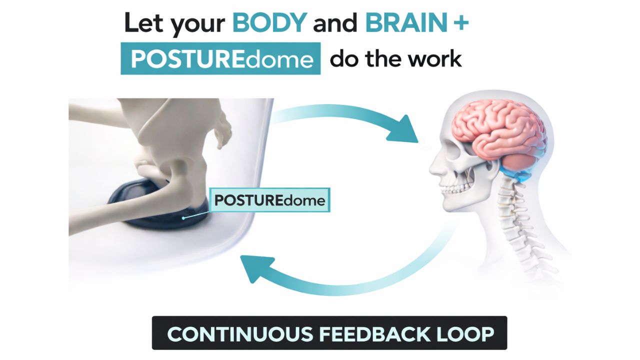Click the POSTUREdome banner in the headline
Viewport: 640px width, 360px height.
(x=220, y=59)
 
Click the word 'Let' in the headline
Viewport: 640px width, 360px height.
(x=143, y=23)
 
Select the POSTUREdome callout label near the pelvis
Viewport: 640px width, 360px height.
(x=269, y=200)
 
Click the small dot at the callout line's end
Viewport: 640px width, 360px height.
(x=184, y=217)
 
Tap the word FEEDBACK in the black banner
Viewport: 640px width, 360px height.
(x=378, y=333)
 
